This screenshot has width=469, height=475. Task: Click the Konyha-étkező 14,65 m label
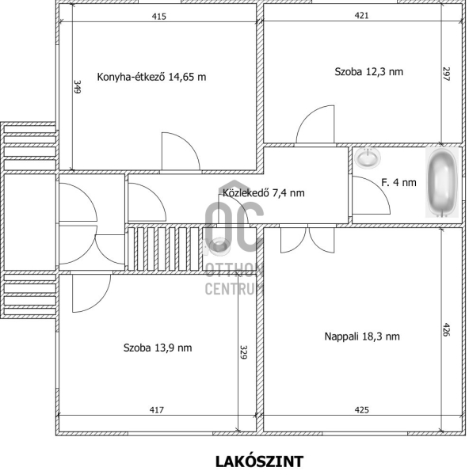click(x=151, y=77)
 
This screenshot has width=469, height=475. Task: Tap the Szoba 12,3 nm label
click(x=368, y=72)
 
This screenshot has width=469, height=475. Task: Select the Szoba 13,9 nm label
click(x=158, y=348)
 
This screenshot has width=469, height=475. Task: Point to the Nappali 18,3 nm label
click(x=362, y=336)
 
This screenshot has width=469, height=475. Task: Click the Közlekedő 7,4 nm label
click(x=264, y=193)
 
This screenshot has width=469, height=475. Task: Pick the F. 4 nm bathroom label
click(x=398, y=182)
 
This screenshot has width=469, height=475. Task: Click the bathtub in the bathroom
click(x=442, y=182)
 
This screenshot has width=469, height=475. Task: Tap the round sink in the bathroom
click(x=368, y=158)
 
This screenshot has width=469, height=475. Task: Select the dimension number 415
click(x=159, y=17)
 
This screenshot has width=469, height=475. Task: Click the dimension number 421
click(x=362, y=16)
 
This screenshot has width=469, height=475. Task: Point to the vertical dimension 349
click(x=78, y=87)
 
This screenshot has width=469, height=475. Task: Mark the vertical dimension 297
click(x=446, y=74)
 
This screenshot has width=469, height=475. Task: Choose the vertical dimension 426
click(x=446, y=329)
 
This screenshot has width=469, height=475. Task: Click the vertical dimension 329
click(x=243, y=352)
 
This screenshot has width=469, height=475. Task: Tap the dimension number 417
click(x=157, y=410)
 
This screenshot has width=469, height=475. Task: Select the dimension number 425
click(x=362, y=410)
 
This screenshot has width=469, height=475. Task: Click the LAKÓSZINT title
click(x=259, y=462)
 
